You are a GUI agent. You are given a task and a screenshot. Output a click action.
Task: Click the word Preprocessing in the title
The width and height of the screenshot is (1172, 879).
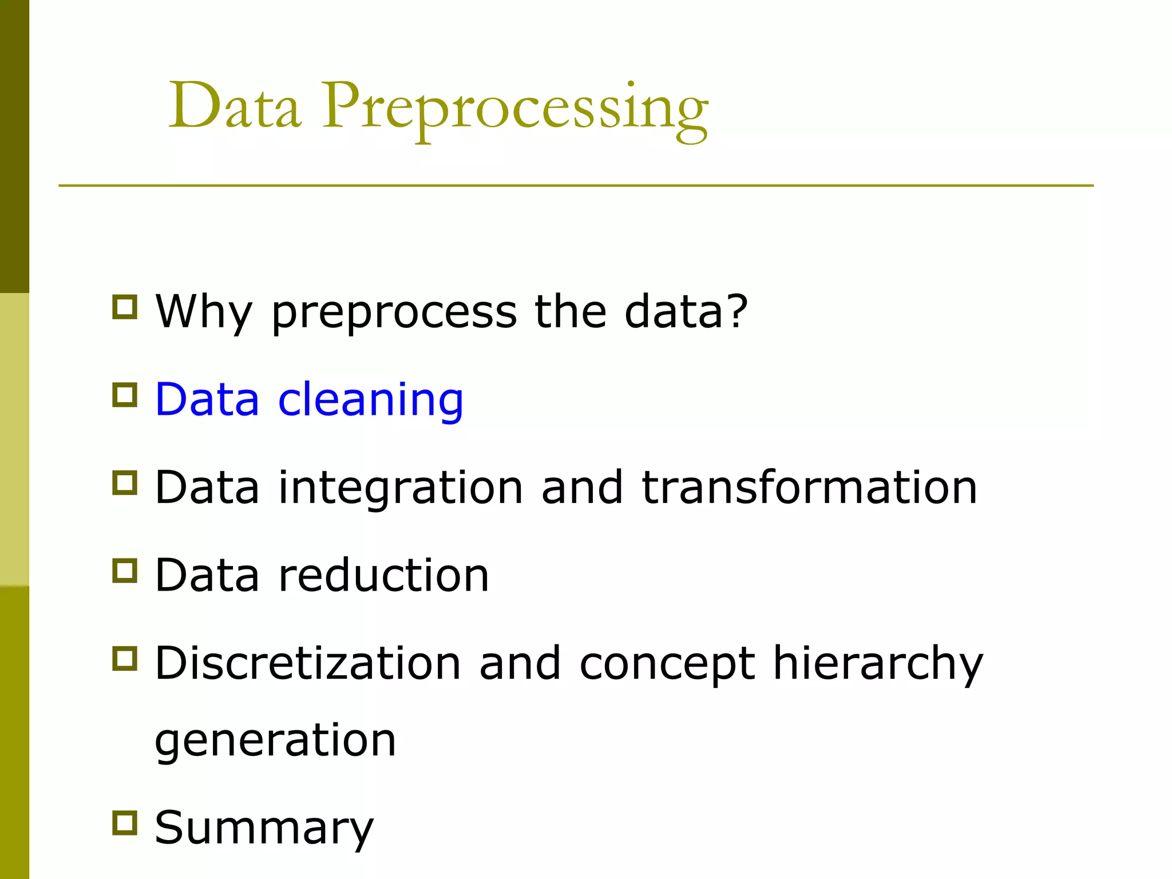[515, 109]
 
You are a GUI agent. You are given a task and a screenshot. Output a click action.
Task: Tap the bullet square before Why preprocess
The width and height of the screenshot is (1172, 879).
[125, 307]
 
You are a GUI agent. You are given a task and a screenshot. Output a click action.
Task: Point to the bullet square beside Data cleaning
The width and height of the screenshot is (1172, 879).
[125, 395]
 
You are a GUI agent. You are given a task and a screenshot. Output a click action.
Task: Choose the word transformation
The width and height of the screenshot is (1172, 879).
[809, 487]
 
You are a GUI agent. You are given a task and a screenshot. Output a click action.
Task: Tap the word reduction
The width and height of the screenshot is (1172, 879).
[383, 575]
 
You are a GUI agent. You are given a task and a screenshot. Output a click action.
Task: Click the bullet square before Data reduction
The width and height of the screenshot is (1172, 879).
[125, 571]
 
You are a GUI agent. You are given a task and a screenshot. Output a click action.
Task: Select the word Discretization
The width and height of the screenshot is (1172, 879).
[308, 663]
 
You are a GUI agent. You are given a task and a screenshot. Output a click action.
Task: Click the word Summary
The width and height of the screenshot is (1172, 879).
[264, 828]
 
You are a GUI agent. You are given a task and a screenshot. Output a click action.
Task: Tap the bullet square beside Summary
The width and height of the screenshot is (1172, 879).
[125, 823]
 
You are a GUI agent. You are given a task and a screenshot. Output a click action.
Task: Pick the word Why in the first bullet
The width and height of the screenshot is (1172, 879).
[204, 312]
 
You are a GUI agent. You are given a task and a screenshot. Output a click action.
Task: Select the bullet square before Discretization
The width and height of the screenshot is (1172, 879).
[125, 659]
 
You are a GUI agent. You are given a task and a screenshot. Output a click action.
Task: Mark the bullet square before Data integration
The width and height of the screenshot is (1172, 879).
[125, 483]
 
